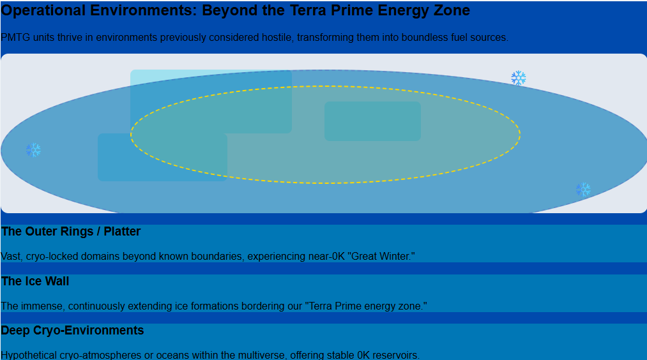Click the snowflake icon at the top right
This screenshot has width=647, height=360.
(518, 77)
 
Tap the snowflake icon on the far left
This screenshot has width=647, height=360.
(33, 150)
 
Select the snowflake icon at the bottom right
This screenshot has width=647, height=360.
(583, 190)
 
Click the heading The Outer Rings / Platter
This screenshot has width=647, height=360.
(70, 231)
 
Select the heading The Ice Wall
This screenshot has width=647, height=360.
(35, 281)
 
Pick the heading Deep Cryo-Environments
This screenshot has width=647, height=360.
(72, 330)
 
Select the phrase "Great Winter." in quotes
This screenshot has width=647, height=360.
(381, 256)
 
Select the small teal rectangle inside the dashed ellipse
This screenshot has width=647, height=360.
(372, 121)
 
